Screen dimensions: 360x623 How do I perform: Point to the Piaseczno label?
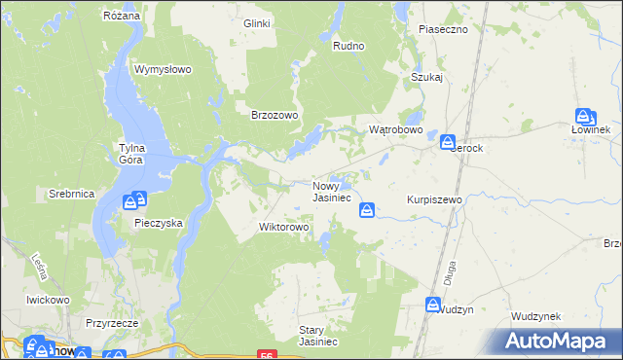[444, 29]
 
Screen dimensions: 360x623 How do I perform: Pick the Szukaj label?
[427, 77]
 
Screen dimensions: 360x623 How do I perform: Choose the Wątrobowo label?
[395, 129]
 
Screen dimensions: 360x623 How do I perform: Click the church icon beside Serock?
[448, 143]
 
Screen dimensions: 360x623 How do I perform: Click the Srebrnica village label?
[71, 194]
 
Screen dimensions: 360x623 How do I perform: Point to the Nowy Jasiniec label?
[331, 192]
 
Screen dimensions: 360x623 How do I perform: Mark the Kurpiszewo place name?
[433, 198]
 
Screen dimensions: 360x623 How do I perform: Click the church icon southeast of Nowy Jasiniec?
[368, 210]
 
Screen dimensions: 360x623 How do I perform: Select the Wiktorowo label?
[283, 227]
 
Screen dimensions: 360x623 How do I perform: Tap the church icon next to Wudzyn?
[432, 306]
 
